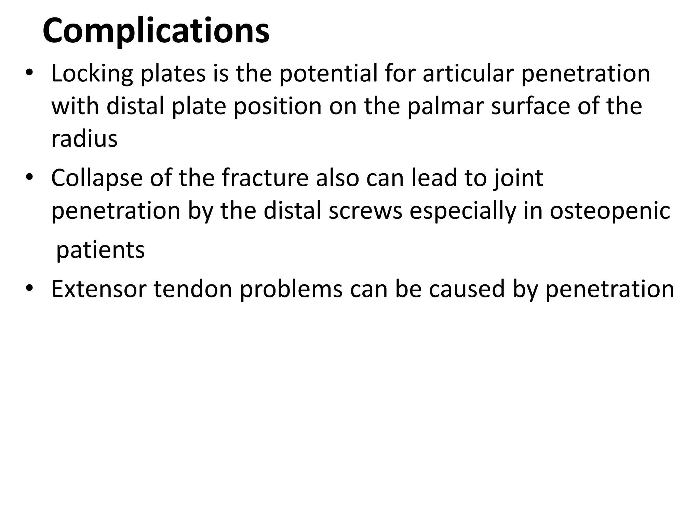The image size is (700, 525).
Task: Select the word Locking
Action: tap(92, 74)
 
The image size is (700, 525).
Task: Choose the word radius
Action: tap(84, 139)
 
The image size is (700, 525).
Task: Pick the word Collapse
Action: tap(97, 178)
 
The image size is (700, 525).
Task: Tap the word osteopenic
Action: tap(609, 211)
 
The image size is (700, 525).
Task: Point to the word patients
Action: tap(100, 251)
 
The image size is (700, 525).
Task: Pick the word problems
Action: tap(291, 289)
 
